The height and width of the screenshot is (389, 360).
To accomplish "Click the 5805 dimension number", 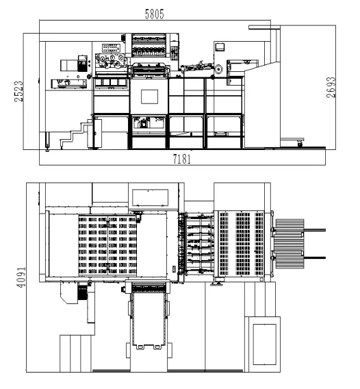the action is (x=154, y=14).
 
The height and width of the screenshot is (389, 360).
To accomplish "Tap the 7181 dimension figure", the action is (x=182, y=159).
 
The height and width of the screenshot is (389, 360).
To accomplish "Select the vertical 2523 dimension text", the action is (x=18, y=91).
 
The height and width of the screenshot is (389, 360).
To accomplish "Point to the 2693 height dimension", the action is (x=331, y=88).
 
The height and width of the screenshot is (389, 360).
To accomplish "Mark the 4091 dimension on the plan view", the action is (x=21, y=277).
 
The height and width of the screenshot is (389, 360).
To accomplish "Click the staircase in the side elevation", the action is (x=75, y=134).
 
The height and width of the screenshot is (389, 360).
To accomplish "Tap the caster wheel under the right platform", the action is (x=300, y=143).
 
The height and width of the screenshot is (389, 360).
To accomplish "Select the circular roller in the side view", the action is (x=219, y=69).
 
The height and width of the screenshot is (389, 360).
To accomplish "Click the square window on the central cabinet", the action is (x=149, y=97).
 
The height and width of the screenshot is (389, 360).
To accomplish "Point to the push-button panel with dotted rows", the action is (x=111, y=48).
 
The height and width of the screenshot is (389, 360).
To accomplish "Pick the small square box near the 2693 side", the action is (x=220, y=47).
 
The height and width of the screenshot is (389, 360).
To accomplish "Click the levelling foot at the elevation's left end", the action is (x=47, y=141).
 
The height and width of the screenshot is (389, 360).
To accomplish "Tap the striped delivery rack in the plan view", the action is (x=290, y=244).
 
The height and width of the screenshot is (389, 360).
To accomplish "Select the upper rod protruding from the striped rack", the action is (x=315, y=230).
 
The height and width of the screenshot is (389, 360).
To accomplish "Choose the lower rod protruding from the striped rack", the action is (x=315, y=258).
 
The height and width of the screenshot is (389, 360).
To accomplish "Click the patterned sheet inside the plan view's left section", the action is (x=107, y=245).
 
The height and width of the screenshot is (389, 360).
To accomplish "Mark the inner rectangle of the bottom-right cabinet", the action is (x=265, y=344).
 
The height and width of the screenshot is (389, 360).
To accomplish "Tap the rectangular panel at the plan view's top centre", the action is (x=151, y=198).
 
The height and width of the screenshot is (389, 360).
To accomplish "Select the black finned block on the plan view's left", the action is (x=83, y=292).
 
